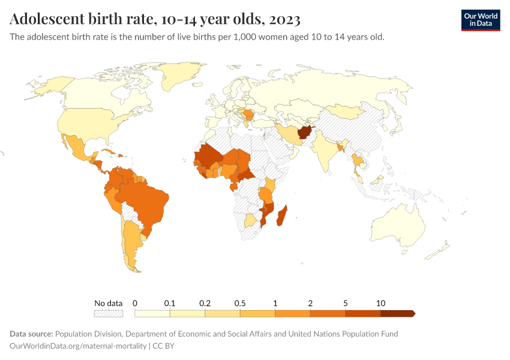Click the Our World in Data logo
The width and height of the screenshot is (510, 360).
(480, 20)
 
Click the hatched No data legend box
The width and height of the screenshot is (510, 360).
(109, 313)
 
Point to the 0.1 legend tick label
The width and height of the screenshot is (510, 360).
(170, 303)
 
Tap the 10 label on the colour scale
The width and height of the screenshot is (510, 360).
(380, 303)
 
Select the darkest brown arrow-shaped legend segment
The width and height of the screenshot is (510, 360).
(398, 313)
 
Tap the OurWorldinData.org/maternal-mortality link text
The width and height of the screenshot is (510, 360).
(78, 346)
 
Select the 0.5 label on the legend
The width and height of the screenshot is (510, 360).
(240, 303)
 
